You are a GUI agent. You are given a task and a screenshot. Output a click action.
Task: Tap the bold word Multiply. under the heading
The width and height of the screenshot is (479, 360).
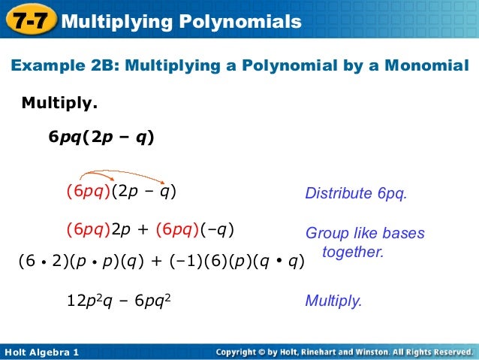(59, 101)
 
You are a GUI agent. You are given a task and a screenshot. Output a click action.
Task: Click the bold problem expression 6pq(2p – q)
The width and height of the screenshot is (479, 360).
(101, 138)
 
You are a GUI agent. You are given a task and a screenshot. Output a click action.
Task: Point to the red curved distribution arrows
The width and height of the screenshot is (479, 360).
(122, 174)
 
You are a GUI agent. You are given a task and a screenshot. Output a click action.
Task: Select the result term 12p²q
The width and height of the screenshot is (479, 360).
(93, 301)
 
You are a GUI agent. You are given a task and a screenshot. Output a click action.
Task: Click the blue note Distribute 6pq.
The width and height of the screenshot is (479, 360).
(355, 194)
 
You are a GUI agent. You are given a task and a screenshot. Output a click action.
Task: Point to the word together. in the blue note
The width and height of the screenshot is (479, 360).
(353, 252)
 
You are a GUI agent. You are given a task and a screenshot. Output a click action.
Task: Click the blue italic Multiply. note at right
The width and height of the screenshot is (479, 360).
(333, 301)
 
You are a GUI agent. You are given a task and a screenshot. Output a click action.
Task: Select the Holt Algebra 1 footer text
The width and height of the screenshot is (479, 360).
(41, 352)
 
